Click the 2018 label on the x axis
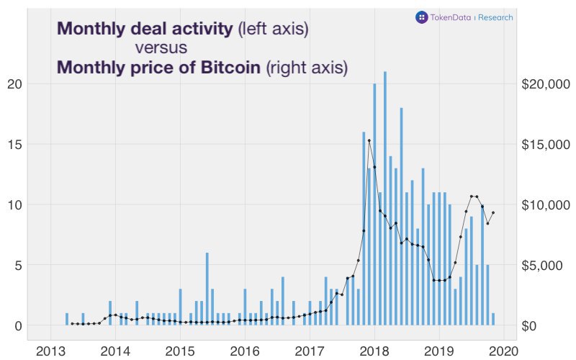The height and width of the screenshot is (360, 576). pos(374,351)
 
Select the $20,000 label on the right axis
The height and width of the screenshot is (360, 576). pos(545,84)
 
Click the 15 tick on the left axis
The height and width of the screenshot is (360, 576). pos(16,144)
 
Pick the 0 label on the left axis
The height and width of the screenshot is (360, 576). pos(19,325)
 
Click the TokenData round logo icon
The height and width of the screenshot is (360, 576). pos(421,17)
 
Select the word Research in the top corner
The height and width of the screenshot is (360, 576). pos(496,17)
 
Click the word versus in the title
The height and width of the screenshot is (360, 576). pos(161,48)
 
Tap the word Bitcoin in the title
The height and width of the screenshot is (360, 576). pos(227,68)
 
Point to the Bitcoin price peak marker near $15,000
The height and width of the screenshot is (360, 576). pos(369,141)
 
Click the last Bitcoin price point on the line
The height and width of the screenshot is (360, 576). pos(493,212)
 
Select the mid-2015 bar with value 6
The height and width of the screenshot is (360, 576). pos(207,288)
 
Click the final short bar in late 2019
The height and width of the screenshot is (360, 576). pos(493,319)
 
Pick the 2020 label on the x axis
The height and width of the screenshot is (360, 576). pos(504,351)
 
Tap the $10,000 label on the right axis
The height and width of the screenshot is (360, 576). pos(545,204)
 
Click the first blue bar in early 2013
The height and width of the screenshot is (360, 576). pos(67,319)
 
